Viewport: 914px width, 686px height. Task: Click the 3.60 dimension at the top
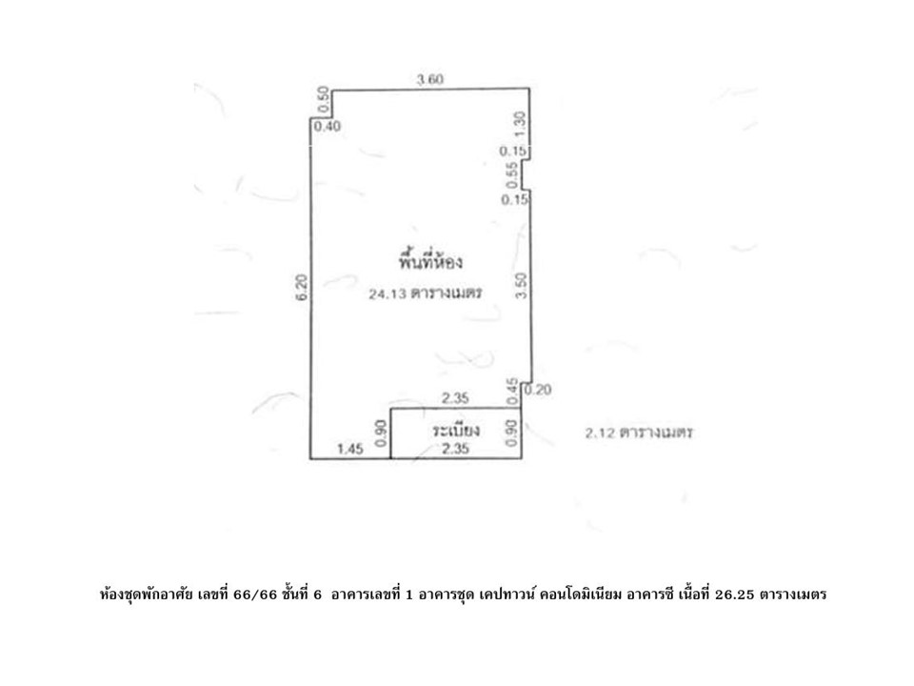tap(429, 79)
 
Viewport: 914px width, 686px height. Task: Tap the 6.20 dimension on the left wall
tap(302, 288)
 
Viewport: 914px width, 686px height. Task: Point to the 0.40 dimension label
tap(327, 126)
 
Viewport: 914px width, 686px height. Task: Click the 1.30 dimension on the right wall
tap(520, 124)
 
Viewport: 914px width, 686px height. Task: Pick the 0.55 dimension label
tap(512, 175)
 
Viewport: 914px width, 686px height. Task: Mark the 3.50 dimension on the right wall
tap(521, 286)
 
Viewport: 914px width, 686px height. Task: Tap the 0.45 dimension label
tap(512, 391)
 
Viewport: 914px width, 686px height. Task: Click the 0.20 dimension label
tap(538, 389)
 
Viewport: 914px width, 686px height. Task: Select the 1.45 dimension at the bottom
tap(350, 449)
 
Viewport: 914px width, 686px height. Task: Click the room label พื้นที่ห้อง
tap(430, 261)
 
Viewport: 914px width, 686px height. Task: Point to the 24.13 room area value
tap(388, 294)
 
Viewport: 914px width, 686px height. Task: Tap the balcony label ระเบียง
tap(456, 431)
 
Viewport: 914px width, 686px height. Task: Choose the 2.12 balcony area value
tap(601, 433)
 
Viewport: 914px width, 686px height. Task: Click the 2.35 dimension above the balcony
tap(455, 398)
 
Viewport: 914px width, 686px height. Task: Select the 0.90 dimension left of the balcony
tap(381, 434)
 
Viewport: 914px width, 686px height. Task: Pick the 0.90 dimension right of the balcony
tap(512, 434)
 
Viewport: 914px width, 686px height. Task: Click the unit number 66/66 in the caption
tap(255, 595)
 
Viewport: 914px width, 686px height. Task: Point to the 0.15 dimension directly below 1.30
tap(513, 151)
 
